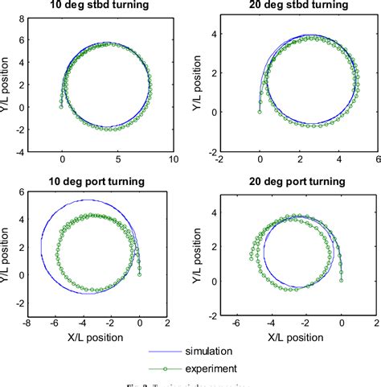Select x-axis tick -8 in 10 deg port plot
click(27, 323)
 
